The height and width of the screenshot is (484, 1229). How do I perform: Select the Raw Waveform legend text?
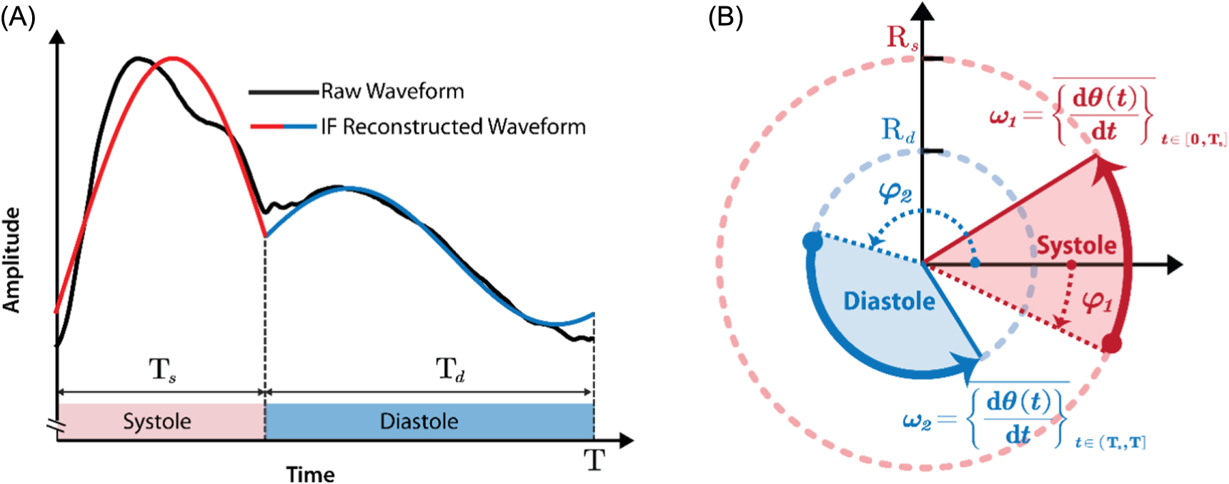[392, 91]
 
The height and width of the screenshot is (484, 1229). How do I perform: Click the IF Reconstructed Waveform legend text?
[453, 127]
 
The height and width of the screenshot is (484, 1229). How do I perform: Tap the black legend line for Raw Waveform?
[283, 92]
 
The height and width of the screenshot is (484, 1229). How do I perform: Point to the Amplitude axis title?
[11, 260]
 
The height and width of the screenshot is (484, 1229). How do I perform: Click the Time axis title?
[310, 474]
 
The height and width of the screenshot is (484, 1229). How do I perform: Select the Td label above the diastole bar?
[450, 370]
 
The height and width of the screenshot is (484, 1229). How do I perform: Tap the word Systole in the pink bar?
[156, 421]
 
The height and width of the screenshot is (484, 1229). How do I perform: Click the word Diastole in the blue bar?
[419, 421]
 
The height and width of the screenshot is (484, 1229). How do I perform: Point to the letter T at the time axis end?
[594, 460]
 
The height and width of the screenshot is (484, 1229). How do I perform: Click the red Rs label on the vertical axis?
[902, 38]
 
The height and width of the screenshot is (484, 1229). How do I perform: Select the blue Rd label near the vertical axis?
[897, 131]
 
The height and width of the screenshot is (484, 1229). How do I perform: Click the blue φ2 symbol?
[895, 192]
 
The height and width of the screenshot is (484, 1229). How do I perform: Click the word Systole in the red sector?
[1076, 246]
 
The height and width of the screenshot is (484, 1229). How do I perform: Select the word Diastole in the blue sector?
[889, 301]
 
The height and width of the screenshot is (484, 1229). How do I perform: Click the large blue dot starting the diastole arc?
[812, 241]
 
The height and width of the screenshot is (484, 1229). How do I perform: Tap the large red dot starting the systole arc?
[1111, 343]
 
